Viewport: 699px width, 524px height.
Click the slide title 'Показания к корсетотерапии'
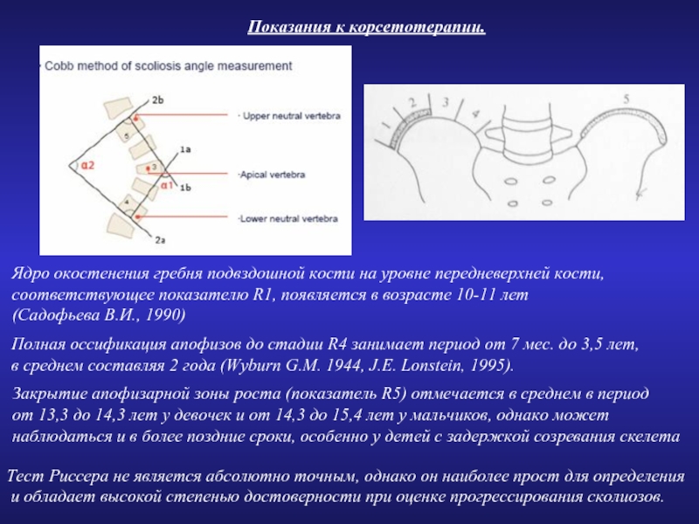pos(366,29)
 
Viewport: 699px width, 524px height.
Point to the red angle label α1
pos(165,185)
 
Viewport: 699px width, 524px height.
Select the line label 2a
pos(159,238)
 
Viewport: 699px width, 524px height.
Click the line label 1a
pos(184,150)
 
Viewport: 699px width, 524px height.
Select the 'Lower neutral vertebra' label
pos(289,217)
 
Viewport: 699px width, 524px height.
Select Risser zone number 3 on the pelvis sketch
pos(446,102)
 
